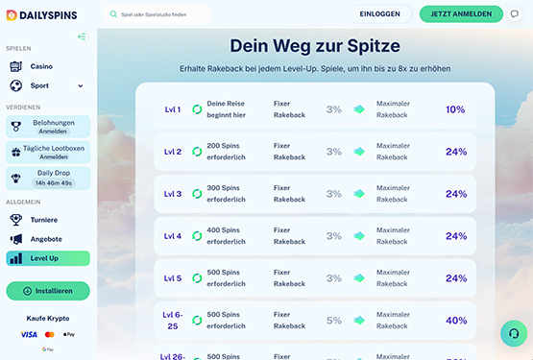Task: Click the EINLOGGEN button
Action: click(379, 14)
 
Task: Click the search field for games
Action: click(158, 14)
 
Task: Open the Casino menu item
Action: click(41, 66)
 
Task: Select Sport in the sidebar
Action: click(41, 85)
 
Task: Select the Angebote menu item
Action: click(46, 238)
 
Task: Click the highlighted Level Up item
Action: click(47, 258)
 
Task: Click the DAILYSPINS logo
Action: click(39, 14)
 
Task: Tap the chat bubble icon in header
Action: click(514, 14)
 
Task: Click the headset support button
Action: click(514, 334)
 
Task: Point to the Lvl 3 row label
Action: click(173, 194)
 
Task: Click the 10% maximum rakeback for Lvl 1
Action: click(455, 109)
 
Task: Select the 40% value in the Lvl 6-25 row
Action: click(455, 321)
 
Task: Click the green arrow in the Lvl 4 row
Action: click(359, 236)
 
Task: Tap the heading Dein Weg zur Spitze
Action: click(315, 45)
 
